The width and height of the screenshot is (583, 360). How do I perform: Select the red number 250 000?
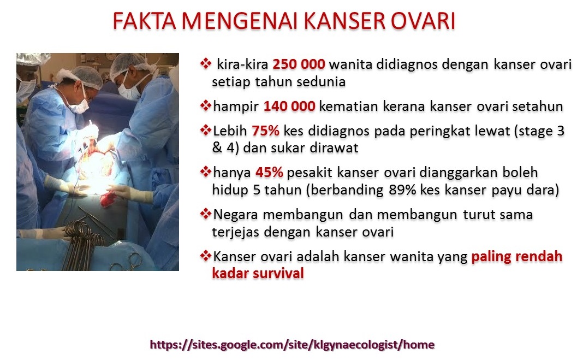pyautogui.click(x=299, y=64)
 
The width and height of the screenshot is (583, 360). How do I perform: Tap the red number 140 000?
pyautogui.click(x=289, y=106)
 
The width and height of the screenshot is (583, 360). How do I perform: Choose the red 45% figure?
pyautogui.click(x=269, y=173)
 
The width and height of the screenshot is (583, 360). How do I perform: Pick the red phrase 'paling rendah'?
pyautogui.click(x=516, y=256)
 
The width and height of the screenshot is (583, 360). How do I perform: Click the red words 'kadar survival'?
pyautogui.click(x=258, y=273)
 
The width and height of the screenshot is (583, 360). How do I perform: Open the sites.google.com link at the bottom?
pyautogui.click(x=292, y=345)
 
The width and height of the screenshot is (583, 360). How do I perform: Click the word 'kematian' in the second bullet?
pyautogui.click(x=344, y=106)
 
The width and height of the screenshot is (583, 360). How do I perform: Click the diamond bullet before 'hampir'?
pyautogui.click(x=206, y=105)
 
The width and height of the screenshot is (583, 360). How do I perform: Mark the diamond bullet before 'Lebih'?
pyautogui.click(x=206, y=131)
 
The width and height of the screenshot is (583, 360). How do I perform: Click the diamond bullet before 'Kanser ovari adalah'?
pyautogui.click(x=206, y=256)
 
